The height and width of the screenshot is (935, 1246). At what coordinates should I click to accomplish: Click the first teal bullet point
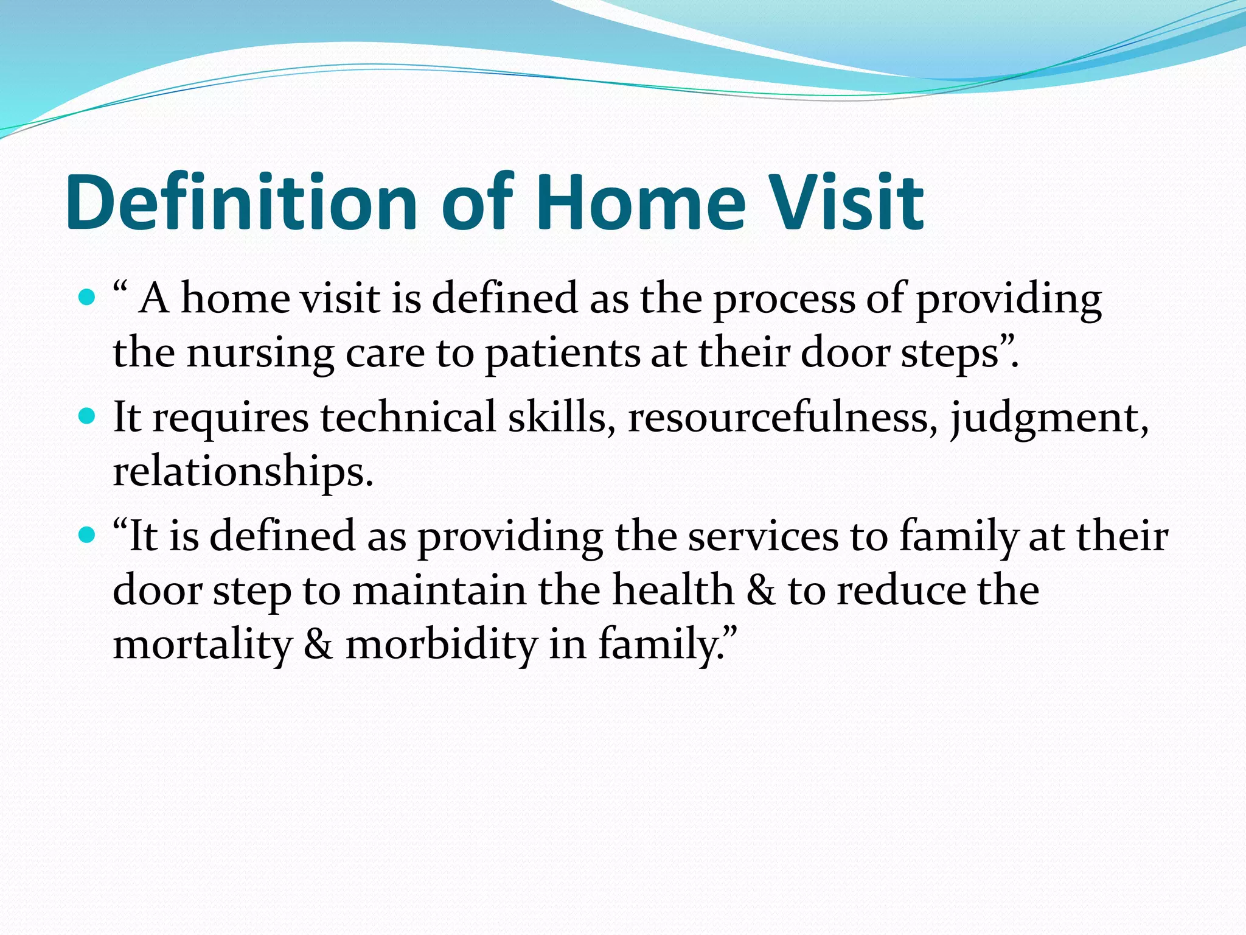click(88, 298)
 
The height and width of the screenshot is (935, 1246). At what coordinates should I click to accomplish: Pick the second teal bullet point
click(88, 416)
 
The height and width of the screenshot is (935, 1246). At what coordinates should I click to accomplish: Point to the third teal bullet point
click(88, 535)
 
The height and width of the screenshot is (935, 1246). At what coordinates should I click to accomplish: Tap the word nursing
click(260, 355)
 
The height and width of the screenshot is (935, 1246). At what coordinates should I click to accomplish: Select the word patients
click(562, 355)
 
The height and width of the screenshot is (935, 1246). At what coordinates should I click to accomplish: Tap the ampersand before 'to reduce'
click(760, 590)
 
